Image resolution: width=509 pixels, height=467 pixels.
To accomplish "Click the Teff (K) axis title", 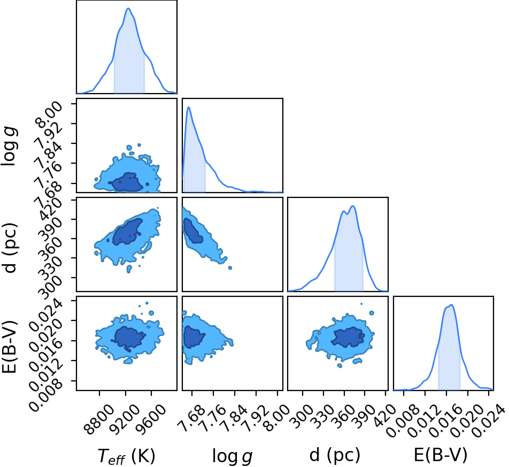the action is tap(127, 456).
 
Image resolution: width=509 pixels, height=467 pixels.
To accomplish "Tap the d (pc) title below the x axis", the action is tap(335, 455).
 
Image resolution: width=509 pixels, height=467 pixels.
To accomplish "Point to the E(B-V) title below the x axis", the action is tap(441, 455).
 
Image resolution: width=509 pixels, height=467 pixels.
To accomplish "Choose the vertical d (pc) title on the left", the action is tap(9, 248).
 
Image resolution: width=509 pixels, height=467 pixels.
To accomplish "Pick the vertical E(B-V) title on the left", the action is tap(9, 347).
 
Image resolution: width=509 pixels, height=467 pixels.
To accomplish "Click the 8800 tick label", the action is tap(99, 419).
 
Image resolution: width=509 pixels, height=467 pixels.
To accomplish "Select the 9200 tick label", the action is tap(125, 419).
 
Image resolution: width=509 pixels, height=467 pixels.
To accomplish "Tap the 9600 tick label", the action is tap(151, 419).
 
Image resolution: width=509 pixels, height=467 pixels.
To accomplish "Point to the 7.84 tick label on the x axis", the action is tap(233, 418).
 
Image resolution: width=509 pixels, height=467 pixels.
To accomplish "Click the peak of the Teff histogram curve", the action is tap(128, 8).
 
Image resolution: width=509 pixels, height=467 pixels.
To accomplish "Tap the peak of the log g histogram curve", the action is tap(188, 107).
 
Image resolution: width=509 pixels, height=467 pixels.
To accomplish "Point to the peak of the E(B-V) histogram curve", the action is tap(451, 304).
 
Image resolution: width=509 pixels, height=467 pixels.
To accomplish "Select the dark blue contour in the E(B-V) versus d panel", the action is tap(348, 337).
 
